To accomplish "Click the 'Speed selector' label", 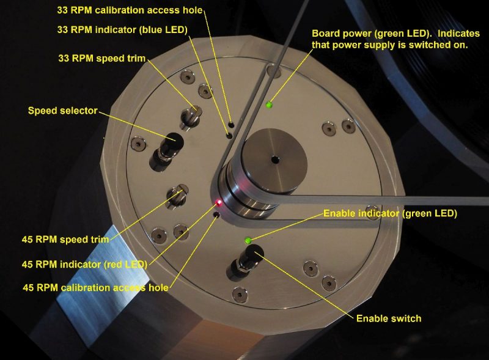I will pyautogui.click(x=63, y=111).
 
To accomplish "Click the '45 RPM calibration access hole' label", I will pyautogui.click(x=95, y=287).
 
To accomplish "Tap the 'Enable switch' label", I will pyautogui.click(x=388, y=318).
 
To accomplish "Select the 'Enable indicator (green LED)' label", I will pyautogui.click(x=390, y=213).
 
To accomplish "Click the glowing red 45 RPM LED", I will pyautogui.click(x=218, y=202).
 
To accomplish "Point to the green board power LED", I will pyautogui.click(x=268, y=105).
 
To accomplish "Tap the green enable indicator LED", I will pyautogui.click(x=247, y=240).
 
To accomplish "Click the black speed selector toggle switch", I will pyautogui.click(x=168, y=145).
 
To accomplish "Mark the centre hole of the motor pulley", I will pyautogui.click(x=275, y=160).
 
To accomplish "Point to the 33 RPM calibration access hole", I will pyautogui.click(x=232, y=124).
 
